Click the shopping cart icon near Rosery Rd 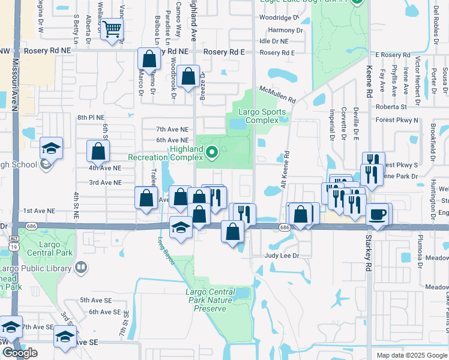point(112,28)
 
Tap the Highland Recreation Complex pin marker point(211,154)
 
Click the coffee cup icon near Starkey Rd point(377,214)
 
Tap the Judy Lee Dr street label point(282,255)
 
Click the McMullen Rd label point(277,94)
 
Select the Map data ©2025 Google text point(412,355)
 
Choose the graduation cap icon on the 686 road point(181,227)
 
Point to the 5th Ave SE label point(92,300)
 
